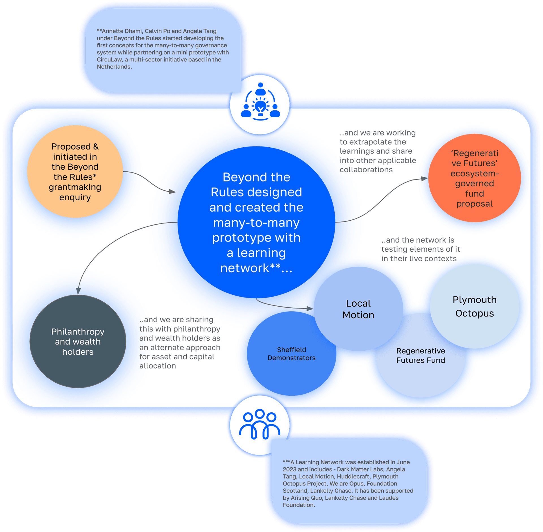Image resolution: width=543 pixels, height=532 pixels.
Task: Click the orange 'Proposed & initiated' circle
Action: point(75,171)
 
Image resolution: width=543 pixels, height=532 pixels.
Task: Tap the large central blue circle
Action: point(256,222)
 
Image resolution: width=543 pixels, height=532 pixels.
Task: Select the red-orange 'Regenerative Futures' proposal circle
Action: point(475,178)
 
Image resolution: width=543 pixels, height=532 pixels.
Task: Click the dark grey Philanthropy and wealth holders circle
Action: point(78,341)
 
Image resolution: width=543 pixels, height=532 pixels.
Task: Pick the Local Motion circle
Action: point(358,309)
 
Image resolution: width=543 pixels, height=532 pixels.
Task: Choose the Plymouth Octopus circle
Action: point(475,306)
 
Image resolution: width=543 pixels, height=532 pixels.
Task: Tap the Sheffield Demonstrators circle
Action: point(291,354)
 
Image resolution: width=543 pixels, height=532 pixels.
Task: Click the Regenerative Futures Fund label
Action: point(421,356)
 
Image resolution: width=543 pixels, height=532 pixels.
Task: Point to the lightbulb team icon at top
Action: point(260,102)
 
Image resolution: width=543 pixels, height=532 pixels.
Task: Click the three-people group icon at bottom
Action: point(260,424)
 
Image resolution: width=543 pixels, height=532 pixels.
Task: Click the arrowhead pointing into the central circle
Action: point(172,192)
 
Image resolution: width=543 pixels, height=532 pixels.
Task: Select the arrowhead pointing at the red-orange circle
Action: point(424,178)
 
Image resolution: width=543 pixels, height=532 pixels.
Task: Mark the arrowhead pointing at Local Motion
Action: point(310,308)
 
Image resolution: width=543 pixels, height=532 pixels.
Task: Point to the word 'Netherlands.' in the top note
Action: point(114,67)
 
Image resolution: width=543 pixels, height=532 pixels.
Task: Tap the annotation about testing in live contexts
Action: point(420,249)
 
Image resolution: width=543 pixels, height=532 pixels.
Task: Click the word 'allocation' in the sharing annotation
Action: point(158,366)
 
